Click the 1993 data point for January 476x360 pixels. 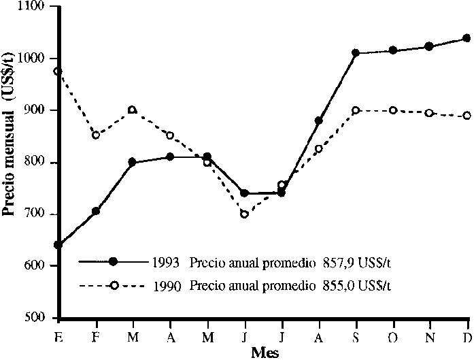coord(60,245)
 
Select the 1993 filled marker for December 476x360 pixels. coord(466,38)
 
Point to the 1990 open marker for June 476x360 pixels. coord(244,214)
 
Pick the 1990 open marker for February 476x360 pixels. coord(97,135)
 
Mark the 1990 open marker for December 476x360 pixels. coord(466,116)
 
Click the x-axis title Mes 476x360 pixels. coord(265,352)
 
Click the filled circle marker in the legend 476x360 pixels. coord(114,261)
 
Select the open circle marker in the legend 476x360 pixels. coord(114,286)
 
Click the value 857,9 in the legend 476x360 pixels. coord(335,262)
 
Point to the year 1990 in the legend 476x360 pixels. coord(167,287)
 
